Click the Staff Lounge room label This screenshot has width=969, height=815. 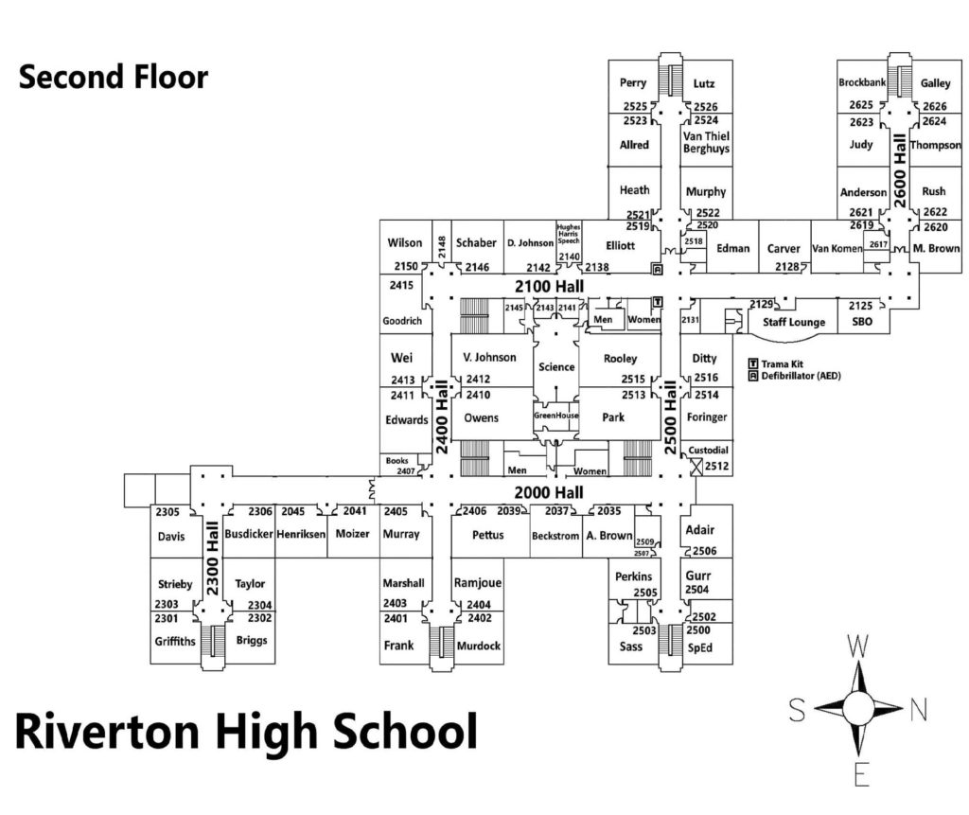click(x=794, y=323)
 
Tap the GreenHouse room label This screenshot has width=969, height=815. click(x=555, y=416)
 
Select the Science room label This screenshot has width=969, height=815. click(x=556, y=366)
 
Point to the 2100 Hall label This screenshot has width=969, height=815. click(x=549, y=286)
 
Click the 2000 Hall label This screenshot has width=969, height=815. click(x=549, y=492)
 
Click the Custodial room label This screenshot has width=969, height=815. click(x=708, y=450)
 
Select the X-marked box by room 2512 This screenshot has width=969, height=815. click(x=698, y=467)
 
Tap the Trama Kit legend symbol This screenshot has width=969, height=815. click(x=753, y=363)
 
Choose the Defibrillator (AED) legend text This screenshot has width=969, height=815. click(x=802, y=376)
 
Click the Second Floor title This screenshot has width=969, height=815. click(x=114, y=78)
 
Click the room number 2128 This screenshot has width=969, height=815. click(x=786, y=268)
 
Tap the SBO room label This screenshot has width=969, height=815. click(x=861, y=323)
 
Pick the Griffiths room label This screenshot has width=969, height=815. click(x=174, y=641)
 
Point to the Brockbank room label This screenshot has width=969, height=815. click(x=862, y=83)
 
